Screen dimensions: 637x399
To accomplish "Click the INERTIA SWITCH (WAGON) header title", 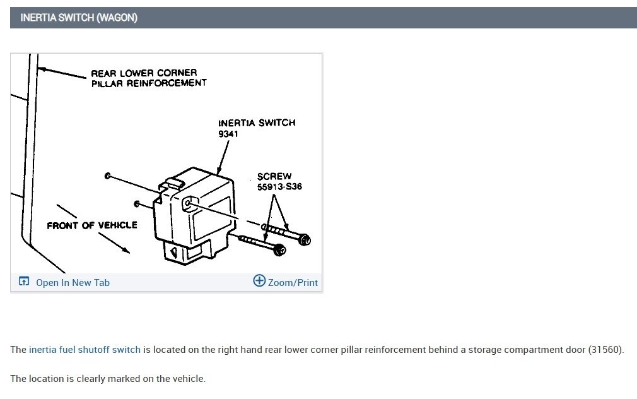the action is coord(79,18).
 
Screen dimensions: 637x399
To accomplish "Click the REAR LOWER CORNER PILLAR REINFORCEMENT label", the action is coord(149,78).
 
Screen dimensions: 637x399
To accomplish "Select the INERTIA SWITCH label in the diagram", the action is coord(257,123).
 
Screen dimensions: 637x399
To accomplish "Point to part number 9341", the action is coord(228,134).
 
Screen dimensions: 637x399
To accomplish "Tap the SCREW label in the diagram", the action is coord(274,176).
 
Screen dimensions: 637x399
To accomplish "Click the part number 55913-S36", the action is coord(279,187).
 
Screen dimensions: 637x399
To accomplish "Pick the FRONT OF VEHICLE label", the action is coord(92,225).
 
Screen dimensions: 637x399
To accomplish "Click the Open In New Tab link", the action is coord(73,283).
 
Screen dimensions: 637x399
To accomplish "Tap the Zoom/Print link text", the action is coord(293,283).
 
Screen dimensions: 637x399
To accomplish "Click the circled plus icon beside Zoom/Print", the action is coord(259,281).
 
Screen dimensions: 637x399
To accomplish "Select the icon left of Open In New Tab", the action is coord(24,281).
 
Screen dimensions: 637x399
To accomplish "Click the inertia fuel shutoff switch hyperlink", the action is coord(85,350).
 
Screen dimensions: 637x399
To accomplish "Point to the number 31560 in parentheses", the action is coord(605,350).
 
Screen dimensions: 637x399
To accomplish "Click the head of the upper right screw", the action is coord(304,240).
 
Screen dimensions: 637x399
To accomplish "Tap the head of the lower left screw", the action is coord(279,250).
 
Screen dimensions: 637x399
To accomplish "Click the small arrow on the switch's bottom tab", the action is coord(174,252).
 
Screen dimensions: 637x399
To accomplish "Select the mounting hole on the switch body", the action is coord(187,203).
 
